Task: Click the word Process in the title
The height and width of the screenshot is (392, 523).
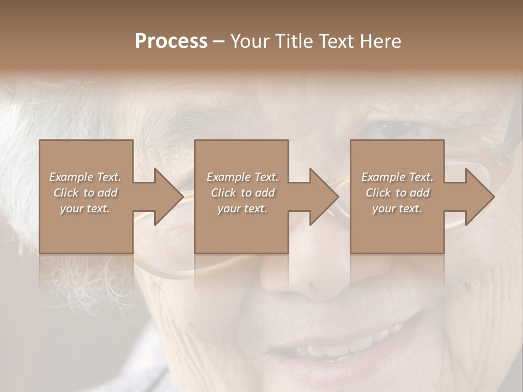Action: pos(171,41)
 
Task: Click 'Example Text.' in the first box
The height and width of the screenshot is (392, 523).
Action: pos(86,177)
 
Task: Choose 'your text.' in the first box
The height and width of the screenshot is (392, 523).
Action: pos(86,209)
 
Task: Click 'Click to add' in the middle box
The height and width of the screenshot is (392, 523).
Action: pos(242,193)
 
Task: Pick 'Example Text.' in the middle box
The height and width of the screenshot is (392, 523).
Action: pos(242,177)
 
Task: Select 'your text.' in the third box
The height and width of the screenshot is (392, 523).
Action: pos(397,209)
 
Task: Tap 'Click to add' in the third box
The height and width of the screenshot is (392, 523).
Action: pos(397,193)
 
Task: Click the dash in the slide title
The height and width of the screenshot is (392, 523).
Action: pos(218,42)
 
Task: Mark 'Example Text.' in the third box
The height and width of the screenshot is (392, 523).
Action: pos(397,177)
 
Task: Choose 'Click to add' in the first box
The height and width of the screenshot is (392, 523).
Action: pos(86,193)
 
